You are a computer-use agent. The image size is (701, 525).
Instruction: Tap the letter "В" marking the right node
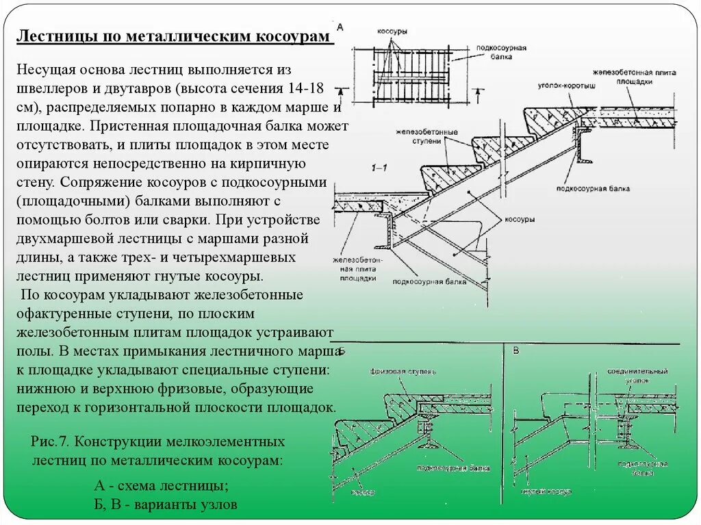(516, 351)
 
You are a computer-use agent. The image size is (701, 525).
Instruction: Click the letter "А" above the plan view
(340, 25)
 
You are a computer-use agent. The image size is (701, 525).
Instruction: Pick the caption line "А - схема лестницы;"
(161, 487)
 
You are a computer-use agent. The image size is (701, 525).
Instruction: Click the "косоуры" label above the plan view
(392, 31)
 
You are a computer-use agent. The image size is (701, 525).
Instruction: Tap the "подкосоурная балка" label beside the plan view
(507, 53)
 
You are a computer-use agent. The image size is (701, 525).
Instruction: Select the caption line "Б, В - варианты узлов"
(165, 505)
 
